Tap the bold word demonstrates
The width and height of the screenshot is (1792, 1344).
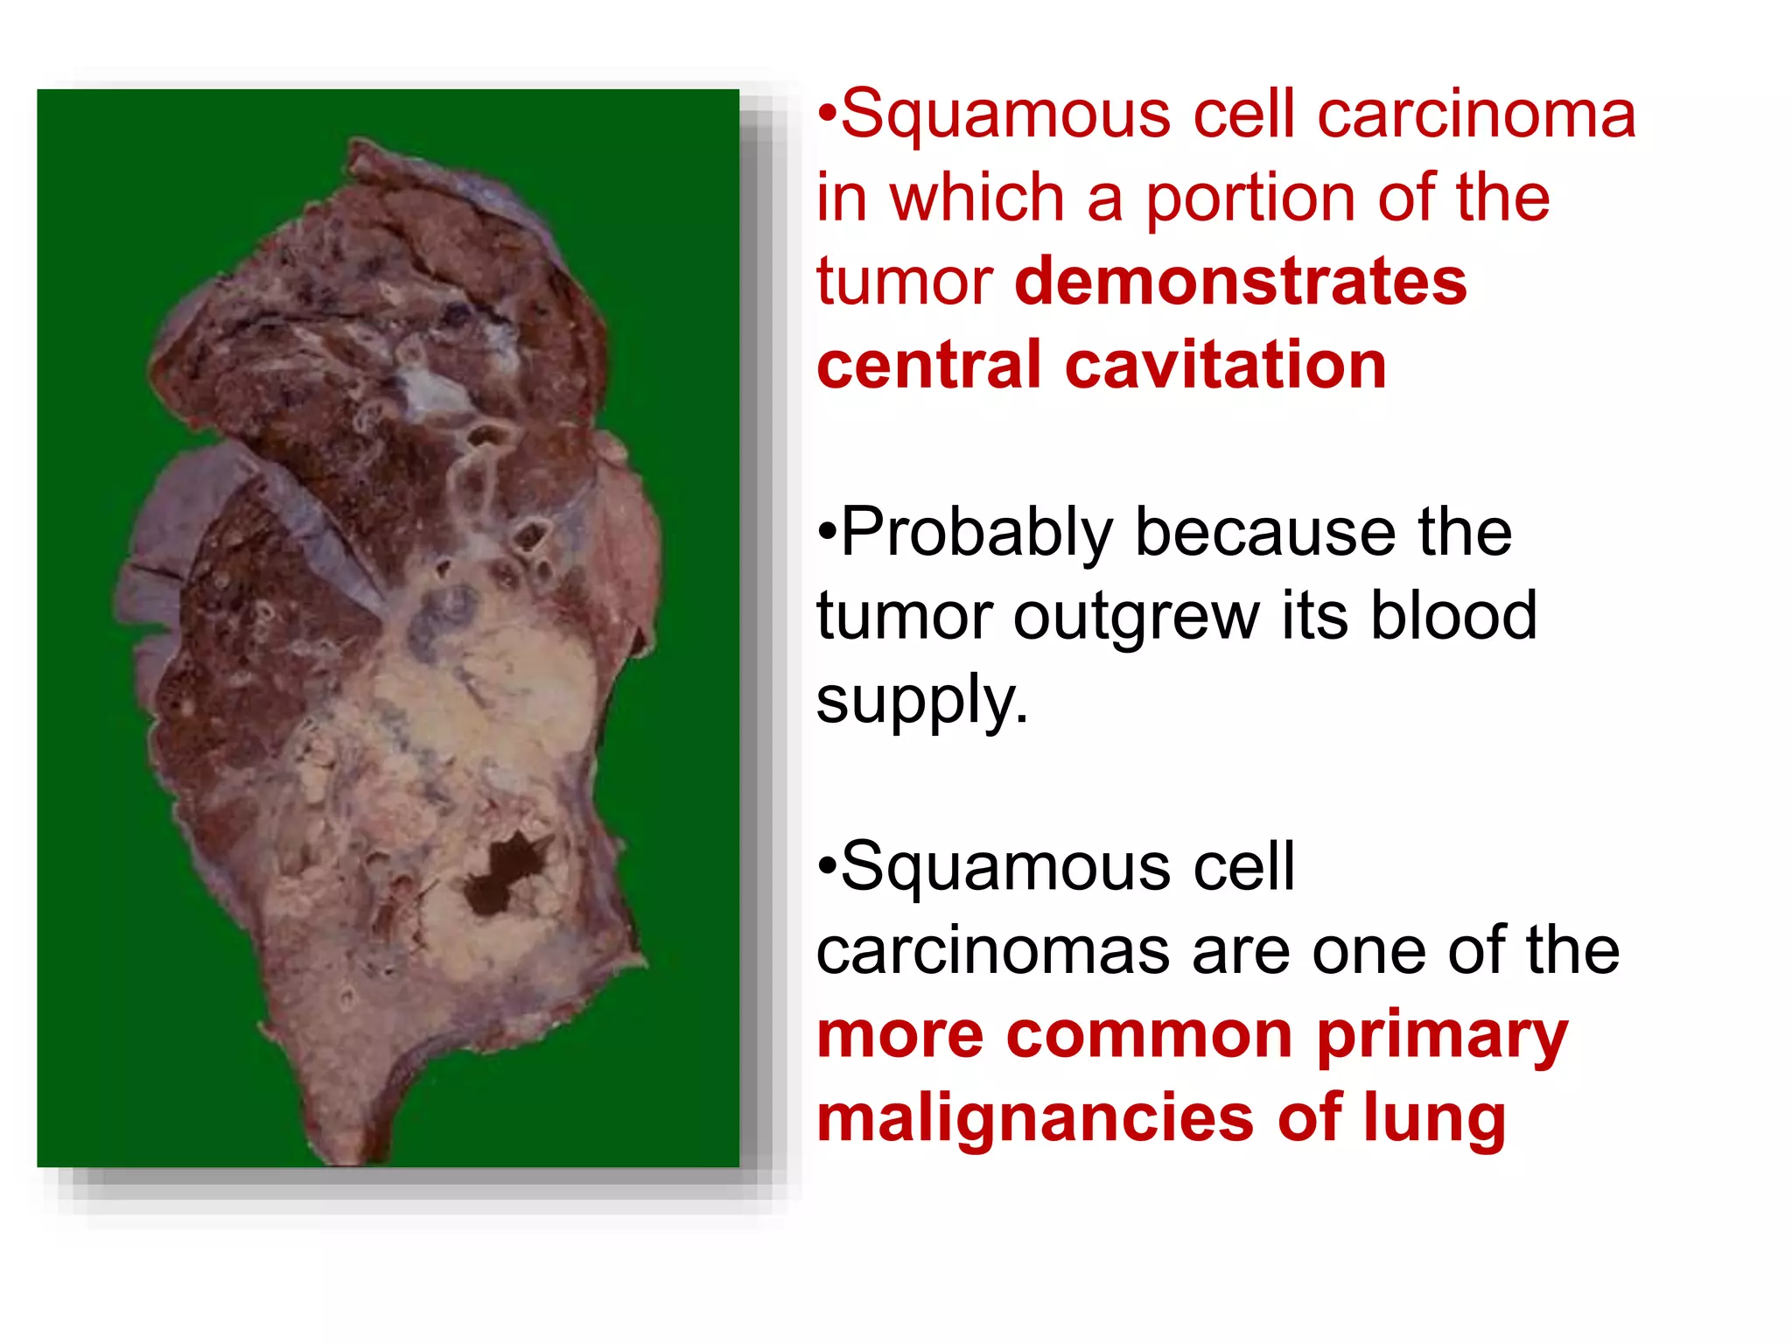[x=1240, y=282]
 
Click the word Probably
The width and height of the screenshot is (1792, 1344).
[x=976, y=533]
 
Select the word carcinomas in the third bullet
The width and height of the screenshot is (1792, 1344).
[x=992, y=952]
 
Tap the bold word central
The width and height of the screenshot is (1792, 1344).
[x=928, y=365]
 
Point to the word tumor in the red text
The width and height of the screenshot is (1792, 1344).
[x=904, y=282]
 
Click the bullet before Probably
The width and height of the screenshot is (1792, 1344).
[x=827, y=533]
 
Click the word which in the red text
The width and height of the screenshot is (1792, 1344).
[x=976, y=199]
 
